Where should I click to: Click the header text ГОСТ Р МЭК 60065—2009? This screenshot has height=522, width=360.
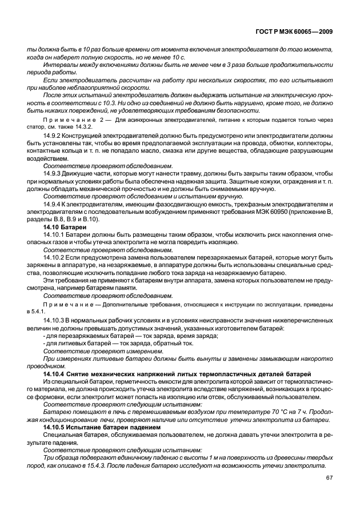(301, 34)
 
